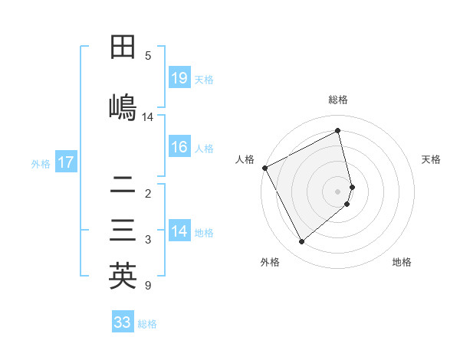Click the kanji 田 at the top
coord(123,47)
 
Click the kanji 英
coord(123,276)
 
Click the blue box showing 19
coord(179,78)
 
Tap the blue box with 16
coord(179,147)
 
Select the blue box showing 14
coord(179,231)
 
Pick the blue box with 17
coord(66,162)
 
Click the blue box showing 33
coord(123,322)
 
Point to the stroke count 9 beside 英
coord(147,286)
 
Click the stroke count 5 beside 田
coord(148,55)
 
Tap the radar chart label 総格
coord(338,100)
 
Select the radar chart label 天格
coord(432,159)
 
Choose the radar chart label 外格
coord(270,262)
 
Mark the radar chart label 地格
coord(402,262)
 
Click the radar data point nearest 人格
coord(264,168)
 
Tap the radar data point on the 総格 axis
coord(338,131)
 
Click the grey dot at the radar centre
coord(338,191)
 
